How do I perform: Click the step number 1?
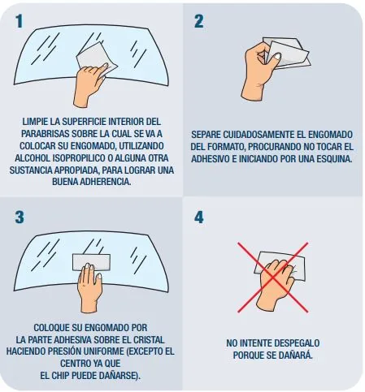click(19, 21)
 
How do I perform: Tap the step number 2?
click(199, 21)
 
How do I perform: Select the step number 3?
click(20, 217)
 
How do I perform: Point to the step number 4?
click(199, 217)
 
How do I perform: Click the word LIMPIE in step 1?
click(35, 122)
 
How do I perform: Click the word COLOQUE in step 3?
click(51, 328)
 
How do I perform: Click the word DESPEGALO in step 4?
click(297, 343)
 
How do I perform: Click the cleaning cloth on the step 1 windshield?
click(95, 59)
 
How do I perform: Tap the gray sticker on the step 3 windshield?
click(91, 262)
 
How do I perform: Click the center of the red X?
click(273, 277)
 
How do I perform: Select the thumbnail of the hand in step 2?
click(276, 57)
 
